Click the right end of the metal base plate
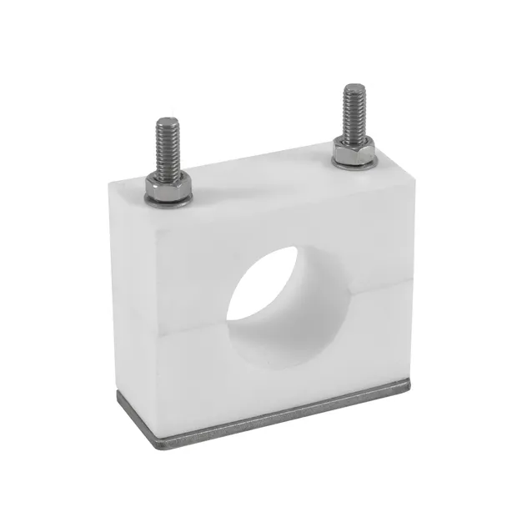[x=409, y=385]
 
